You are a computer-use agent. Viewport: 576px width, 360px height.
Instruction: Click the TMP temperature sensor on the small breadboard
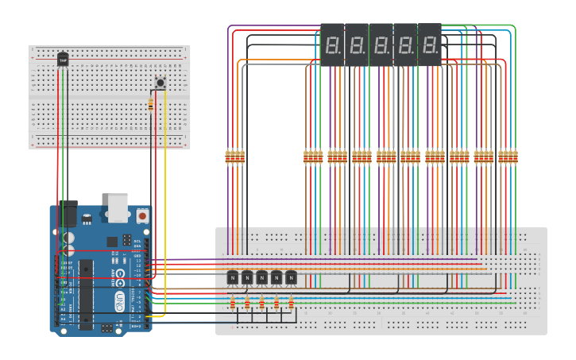(63, 59)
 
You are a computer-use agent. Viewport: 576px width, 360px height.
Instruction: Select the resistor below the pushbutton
(152, 103)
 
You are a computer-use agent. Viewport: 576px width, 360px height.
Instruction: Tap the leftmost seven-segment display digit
(334, 45)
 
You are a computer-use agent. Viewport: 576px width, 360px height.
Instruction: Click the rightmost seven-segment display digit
(430, 45)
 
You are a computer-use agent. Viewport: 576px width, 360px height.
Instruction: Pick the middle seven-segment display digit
(381, 45)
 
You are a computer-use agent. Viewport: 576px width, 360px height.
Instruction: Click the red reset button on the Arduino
(142, 215)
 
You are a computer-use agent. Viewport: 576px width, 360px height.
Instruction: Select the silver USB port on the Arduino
(118, 207)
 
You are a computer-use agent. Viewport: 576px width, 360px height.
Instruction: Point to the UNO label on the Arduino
(120, 301)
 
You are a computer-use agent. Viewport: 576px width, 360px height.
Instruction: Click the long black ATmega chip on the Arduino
(85, 294)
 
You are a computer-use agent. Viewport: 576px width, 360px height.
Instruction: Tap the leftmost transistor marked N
(233, 277)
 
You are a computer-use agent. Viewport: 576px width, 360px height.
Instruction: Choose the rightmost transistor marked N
(291, 277)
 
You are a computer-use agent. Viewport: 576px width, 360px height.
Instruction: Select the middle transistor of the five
(261, 277)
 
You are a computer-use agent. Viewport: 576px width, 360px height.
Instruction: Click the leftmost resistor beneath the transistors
(232, 302)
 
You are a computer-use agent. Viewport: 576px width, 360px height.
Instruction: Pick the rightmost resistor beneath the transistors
(291, 302)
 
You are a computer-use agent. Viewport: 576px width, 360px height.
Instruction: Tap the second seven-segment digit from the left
(358, 45)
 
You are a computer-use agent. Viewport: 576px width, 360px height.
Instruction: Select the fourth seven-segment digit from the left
(406, 45)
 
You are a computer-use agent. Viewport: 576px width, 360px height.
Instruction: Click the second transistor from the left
(247, 277)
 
